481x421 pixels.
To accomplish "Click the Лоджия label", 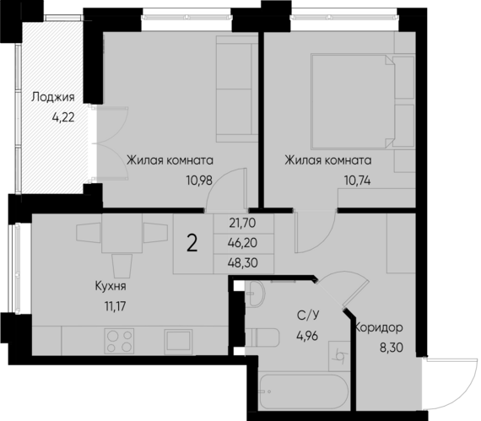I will click(x=53, y=97).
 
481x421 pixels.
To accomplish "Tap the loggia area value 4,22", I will click(x=63, y=117).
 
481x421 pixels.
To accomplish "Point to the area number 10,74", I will click(x=357, y=178).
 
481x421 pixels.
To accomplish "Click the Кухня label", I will click(x=111, y=286).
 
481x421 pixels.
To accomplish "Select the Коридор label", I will click(x=380, y=327).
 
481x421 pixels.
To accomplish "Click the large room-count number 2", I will click(x=192, y=244).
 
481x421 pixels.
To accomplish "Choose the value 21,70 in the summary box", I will click(x=241, y=224).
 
